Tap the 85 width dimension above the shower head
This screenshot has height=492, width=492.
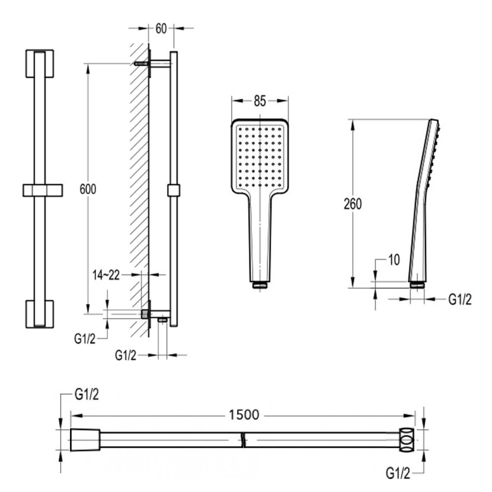tap(260, 101)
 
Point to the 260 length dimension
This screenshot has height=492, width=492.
tap(352, 204)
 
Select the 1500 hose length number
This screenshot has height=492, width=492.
tap(244, 415)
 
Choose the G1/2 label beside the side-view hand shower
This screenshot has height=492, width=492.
tap(459, 299)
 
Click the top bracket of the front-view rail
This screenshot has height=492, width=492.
tap(40, 63)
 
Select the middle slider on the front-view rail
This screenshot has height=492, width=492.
tap(42, 190)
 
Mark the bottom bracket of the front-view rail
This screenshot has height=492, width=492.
tap(40, 314)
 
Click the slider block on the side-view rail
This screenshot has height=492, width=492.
tap(173, 190)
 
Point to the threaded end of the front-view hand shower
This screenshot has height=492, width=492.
tap(260, 286)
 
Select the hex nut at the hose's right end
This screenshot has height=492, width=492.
tap(406, 439)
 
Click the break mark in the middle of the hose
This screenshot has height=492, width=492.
tap(244, 440)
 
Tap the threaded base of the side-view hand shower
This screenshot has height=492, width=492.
tap(417, 285)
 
